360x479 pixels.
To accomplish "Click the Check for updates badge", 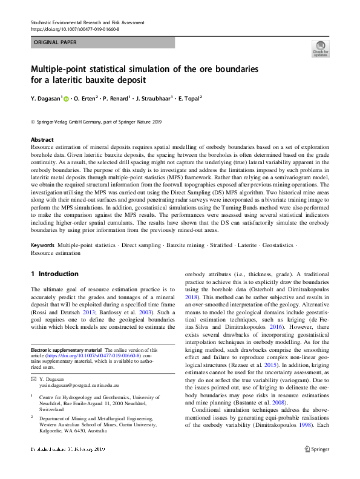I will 321,48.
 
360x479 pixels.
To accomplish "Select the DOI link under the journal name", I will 71,28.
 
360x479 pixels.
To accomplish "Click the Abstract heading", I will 42,139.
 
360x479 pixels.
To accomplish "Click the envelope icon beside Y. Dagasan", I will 34,378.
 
